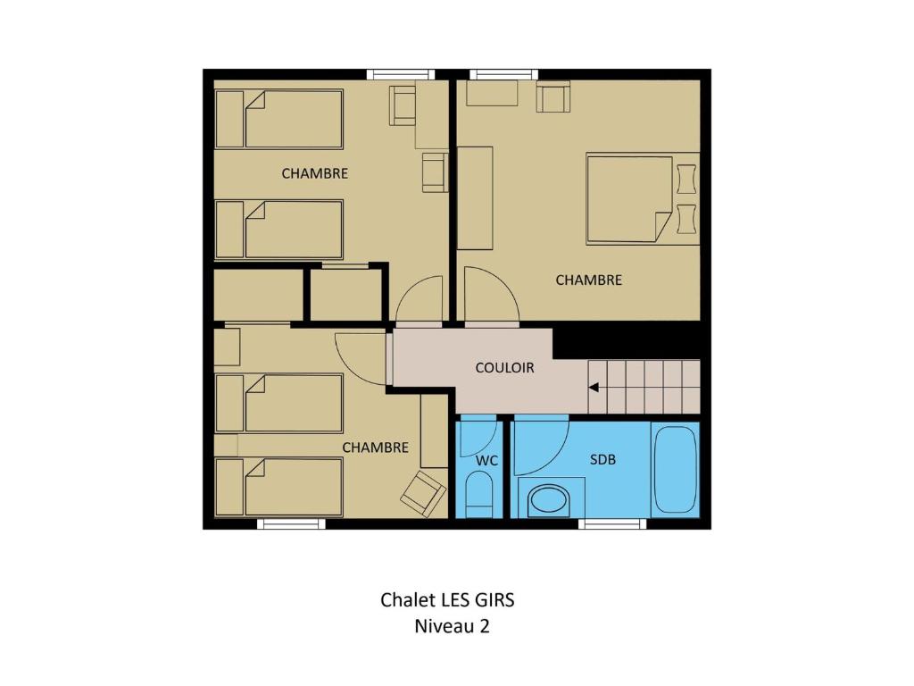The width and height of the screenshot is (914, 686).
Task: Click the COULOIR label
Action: pos(505,368)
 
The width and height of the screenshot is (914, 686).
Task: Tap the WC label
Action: pos(486,461)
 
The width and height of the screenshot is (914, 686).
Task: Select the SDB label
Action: pos(602,460)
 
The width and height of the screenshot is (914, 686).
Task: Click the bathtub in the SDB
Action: pos(676,470)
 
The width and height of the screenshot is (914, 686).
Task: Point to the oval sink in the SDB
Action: pos(549,502)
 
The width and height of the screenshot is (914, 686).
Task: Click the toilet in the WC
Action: pos(479,495)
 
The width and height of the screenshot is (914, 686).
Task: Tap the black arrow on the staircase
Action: pos(594,388)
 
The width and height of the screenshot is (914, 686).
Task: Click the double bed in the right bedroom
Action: pos(629,198)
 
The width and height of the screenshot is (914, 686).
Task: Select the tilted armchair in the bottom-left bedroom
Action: pos(423,493)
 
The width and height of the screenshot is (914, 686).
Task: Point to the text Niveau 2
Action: pos(452,626)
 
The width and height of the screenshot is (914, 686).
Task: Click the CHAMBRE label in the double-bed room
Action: pos(589,280)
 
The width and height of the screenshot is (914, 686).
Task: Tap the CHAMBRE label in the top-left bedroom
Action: pos(315,173)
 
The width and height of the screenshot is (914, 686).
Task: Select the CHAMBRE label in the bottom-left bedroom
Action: pos(376,448)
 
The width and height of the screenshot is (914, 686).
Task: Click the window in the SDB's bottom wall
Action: pos(612,523)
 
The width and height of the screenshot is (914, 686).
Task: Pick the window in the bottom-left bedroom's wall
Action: pos(292,523)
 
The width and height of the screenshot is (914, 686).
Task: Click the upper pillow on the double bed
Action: pos(686,179)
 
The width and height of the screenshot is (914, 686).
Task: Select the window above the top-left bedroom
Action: pos(401,74)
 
